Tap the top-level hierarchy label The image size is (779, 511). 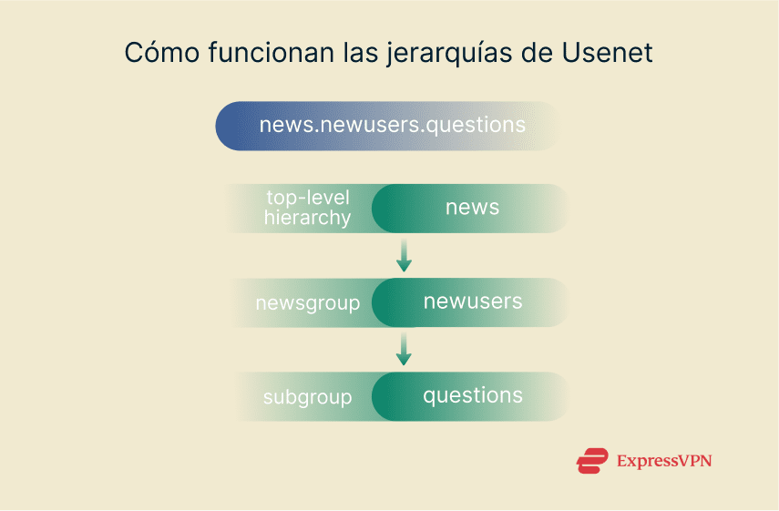[x=307, y=208]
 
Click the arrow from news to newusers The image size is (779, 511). [x=405, y=256]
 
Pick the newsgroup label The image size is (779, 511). [x=308, y=303]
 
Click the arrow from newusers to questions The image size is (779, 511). [x=405, y=350]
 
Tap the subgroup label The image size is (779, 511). [x=307, y=397]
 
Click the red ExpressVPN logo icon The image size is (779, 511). [x=592, y=461]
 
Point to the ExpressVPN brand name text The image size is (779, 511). [x=663, y=461]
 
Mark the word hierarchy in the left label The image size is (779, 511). [x=307, y=218]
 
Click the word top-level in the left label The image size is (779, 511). [x=307, y=198]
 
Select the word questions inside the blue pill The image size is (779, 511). [x=477, y=125]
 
